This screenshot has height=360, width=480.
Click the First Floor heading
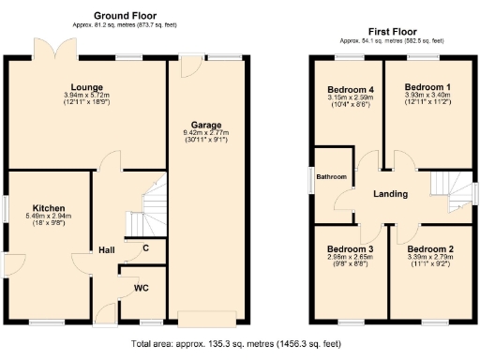click(x=391, y=32)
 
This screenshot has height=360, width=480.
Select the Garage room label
click(x=207, y=124)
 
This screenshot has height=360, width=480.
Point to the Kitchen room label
click(x=48, y=207)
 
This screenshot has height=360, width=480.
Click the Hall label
click(x=107, y=250)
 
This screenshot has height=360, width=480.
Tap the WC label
click(x=142, y=287)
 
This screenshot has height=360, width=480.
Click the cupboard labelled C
click(x=145, y=248)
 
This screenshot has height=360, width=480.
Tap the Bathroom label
click(x=331, y=177)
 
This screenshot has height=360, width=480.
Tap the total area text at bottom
click(x=236, y=344)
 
